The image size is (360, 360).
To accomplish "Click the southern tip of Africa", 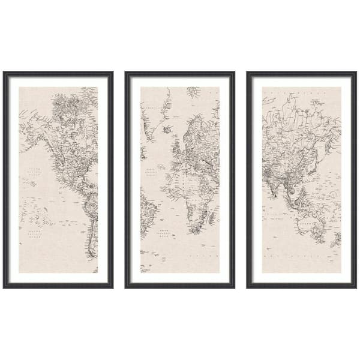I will [193, 230].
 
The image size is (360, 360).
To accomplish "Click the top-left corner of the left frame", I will [4, 73].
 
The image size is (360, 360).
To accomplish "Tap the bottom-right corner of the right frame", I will [356, 287].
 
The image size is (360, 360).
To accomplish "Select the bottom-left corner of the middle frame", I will [126, 287].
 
